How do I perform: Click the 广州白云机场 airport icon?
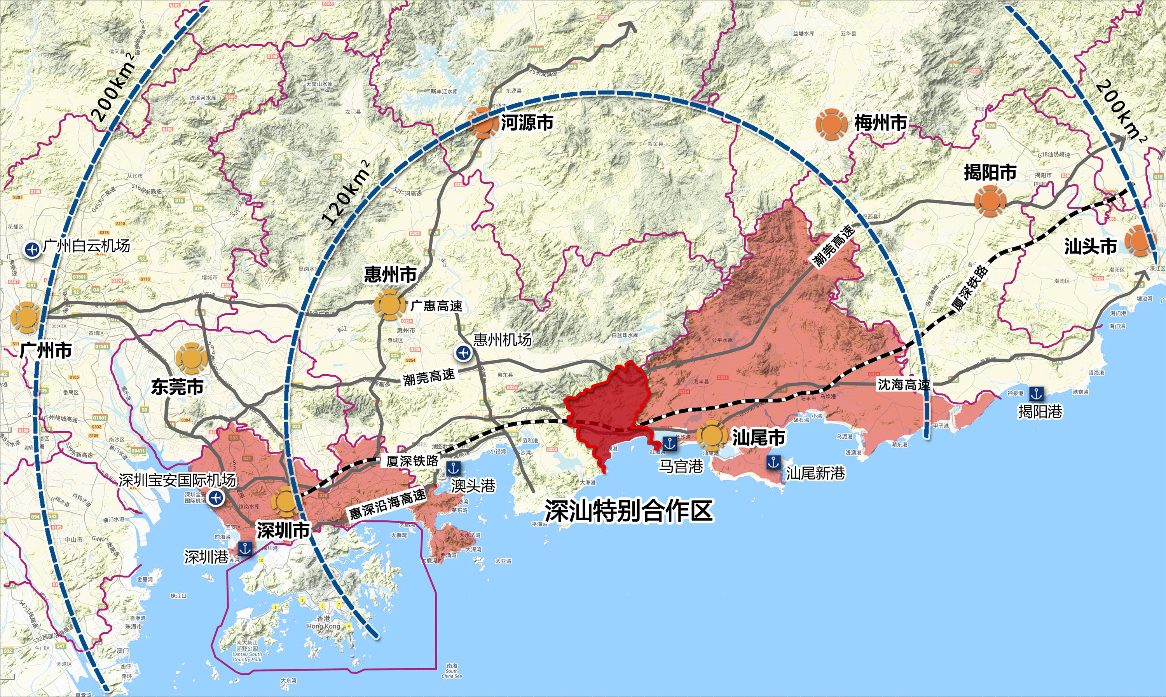coord(32,249)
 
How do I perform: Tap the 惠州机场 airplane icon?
coord(463,352)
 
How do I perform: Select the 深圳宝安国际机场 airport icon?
coord(216,498)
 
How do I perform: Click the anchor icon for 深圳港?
coord(245,548)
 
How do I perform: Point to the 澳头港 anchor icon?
coord(453,467)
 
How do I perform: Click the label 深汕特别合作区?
coord(628,511)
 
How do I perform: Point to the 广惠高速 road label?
coord(436,306)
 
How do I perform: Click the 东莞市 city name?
coord(177,387)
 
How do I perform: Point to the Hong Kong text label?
coord(323,626)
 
